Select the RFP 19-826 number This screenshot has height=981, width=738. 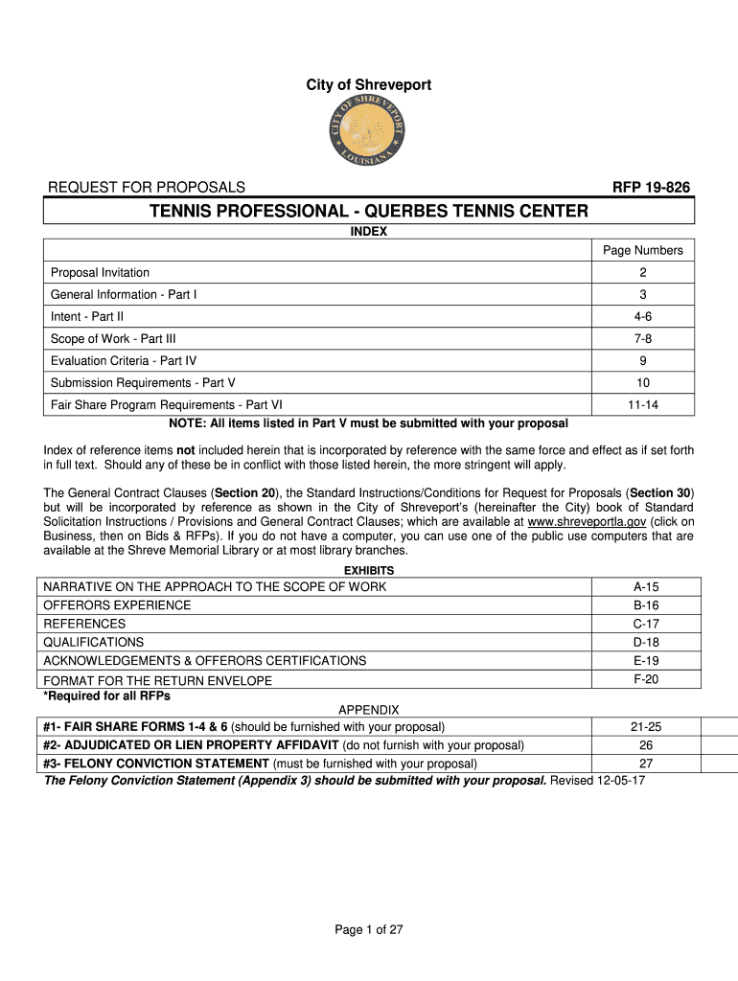click(x=651, y=187)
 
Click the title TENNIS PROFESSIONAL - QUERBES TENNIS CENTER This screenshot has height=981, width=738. click(x=369, y=211)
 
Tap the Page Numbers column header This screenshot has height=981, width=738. click(x=642, y=250)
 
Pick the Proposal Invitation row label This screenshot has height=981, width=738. click(x=101, y=273)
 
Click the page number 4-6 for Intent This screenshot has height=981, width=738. click(x=642, y=316)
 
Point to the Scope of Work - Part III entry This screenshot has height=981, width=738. click(x=113, y=338)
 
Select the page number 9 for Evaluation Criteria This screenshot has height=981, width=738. click(x=642, y=361)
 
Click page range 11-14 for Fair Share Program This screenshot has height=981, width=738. click(x=642, y=405)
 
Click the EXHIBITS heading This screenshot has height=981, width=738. click(x=369, y=570)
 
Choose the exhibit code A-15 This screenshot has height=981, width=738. click(x=645, y=586)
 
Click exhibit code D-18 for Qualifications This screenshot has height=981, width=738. click(x=645, y=642)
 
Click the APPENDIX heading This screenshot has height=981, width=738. click(x=369, y=710)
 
